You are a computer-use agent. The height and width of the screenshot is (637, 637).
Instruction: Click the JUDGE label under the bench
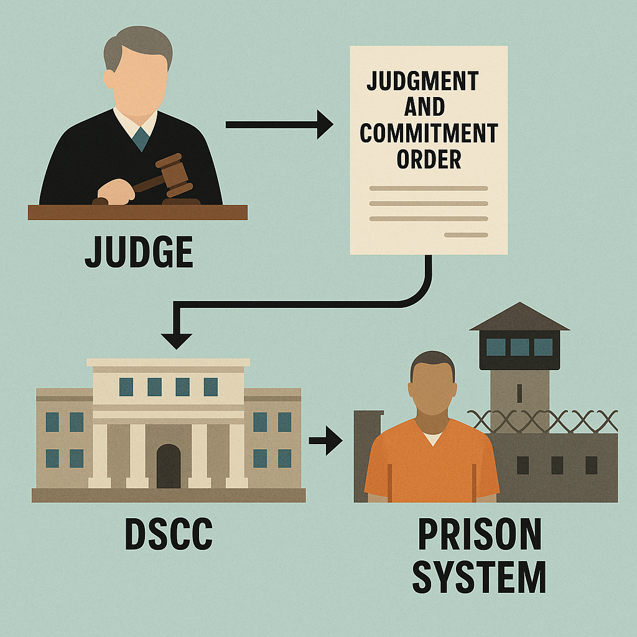(139, 252)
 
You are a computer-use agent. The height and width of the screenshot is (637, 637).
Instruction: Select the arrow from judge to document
(279, 124)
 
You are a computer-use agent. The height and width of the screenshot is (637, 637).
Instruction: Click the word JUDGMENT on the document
(423, 81)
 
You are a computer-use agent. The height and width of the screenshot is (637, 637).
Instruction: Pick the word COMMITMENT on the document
(429, 133)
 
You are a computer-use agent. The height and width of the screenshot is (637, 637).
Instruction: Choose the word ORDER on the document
(429, 159)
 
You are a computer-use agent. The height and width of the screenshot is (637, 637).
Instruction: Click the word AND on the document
(424, 107)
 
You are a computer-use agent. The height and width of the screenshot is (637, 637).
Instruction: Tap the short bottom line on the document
(466, 235)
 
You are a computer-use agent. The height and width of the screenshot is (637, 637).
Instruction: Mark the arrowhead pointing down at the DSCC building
(176, 341)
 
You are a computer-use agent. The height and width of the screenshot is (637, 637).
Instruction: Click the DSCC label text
(169, 534)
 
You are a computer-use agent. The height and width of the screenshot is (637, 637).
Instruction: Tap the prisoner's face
(432, 389)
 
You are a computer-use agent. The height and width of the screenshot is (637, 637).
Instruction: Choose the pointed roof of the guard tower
(519, 317)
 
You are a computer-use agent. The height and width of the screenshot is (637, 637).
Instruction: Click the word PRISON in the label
(480, 534)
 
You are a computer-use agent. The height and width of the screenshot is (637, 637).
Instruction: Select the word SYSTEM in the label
(479, 577)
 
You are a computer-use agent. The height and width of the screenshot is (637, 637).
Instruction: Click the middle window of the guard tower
(520, 347)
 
